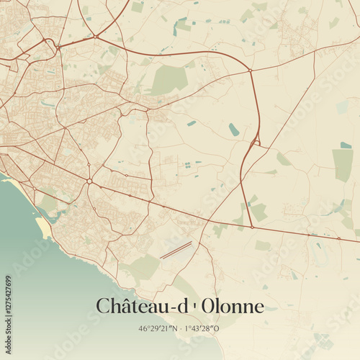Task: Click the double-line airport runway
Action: click(x=176, y=250)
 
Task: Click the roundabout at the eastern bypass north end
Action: click(x=250, y=71)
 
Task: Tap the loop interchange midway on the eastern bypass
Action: click(x=254, y=143)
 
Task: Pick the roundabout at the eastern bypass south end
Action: click(x=251, y=227)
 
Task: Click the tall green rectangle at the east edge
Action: click(x=343, y=164)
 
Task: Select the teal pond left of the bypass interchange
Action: click(x=233, y=130)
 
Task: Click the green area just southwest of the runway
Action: click(x=144, y=268)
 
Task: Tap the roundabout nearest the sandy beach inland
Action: click(x=89, y=181)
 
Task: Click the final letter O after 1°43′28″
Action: click(x=218, y=328)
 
